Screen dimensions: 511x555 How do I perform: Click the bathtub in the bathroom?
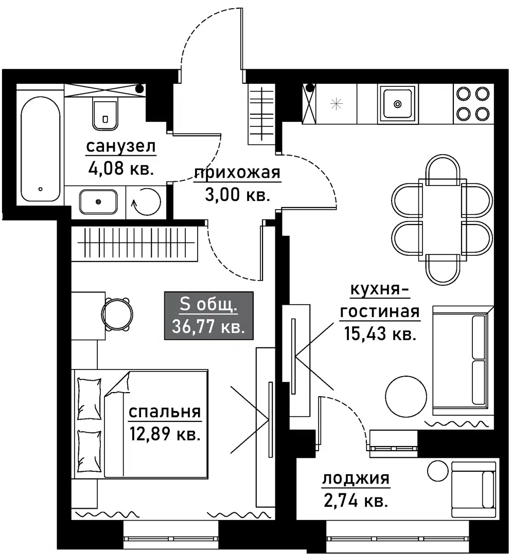point(41,149)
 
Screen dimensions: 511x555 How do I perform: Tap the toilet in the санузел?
point(105,113)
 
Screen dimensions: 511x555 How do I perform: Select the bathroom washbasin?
point(98,202)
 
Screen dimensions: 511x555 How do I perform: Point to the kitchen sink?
point(398,104)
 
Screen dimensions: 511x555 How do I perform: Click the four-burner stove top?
point(473,104)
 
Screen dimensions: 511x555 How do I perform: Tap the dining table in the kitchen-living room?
point(442,220)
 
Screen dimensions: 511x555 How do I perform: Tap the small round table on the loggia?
point(438,471)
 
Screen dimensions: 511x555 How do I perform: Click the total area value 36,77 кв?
point(209,326)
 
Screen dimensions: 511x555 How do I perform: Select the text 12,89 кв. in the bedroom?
point(165,433)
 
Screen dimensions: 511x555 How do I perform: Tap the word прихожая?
point(237,173)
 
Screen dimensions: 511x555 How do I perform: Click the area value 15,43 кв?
point(380,334)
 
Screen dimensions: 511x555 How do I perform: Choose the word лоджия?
point(356,478)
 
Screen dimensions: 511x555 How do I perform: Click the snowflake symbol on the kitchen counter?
point(337,104)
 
